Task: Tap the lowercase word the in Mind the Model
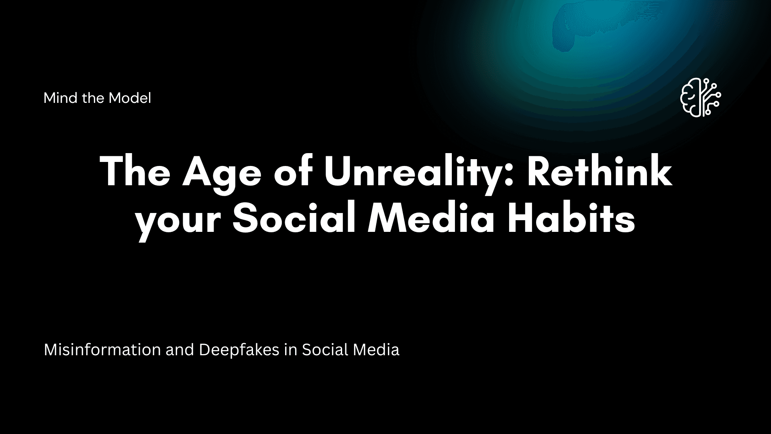coord(93,98)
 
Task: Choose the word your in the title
coord(178,221)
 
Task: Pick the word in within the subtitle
coord(290,350)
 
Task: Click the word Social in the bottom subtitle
coord(325,350)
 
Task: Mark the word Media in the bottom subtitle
coord(376,350)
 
